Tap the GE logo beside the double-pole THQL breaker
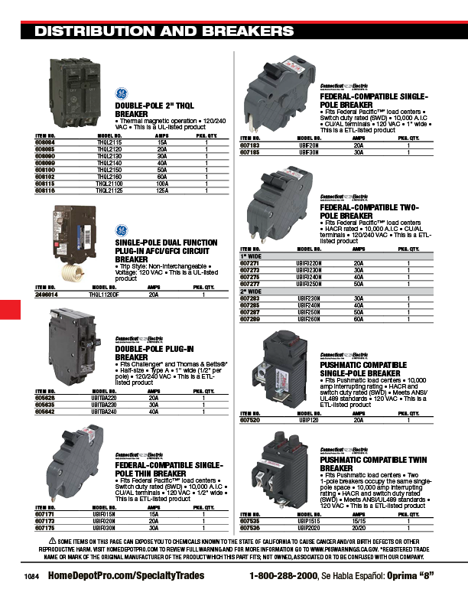point(122,93)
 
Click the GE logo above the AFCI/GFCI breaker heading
point(122,230)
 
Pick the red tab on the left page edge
point(9,310)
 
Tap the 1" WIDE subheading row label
point(250,256)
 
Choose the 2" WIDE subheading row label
point(250,291)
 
